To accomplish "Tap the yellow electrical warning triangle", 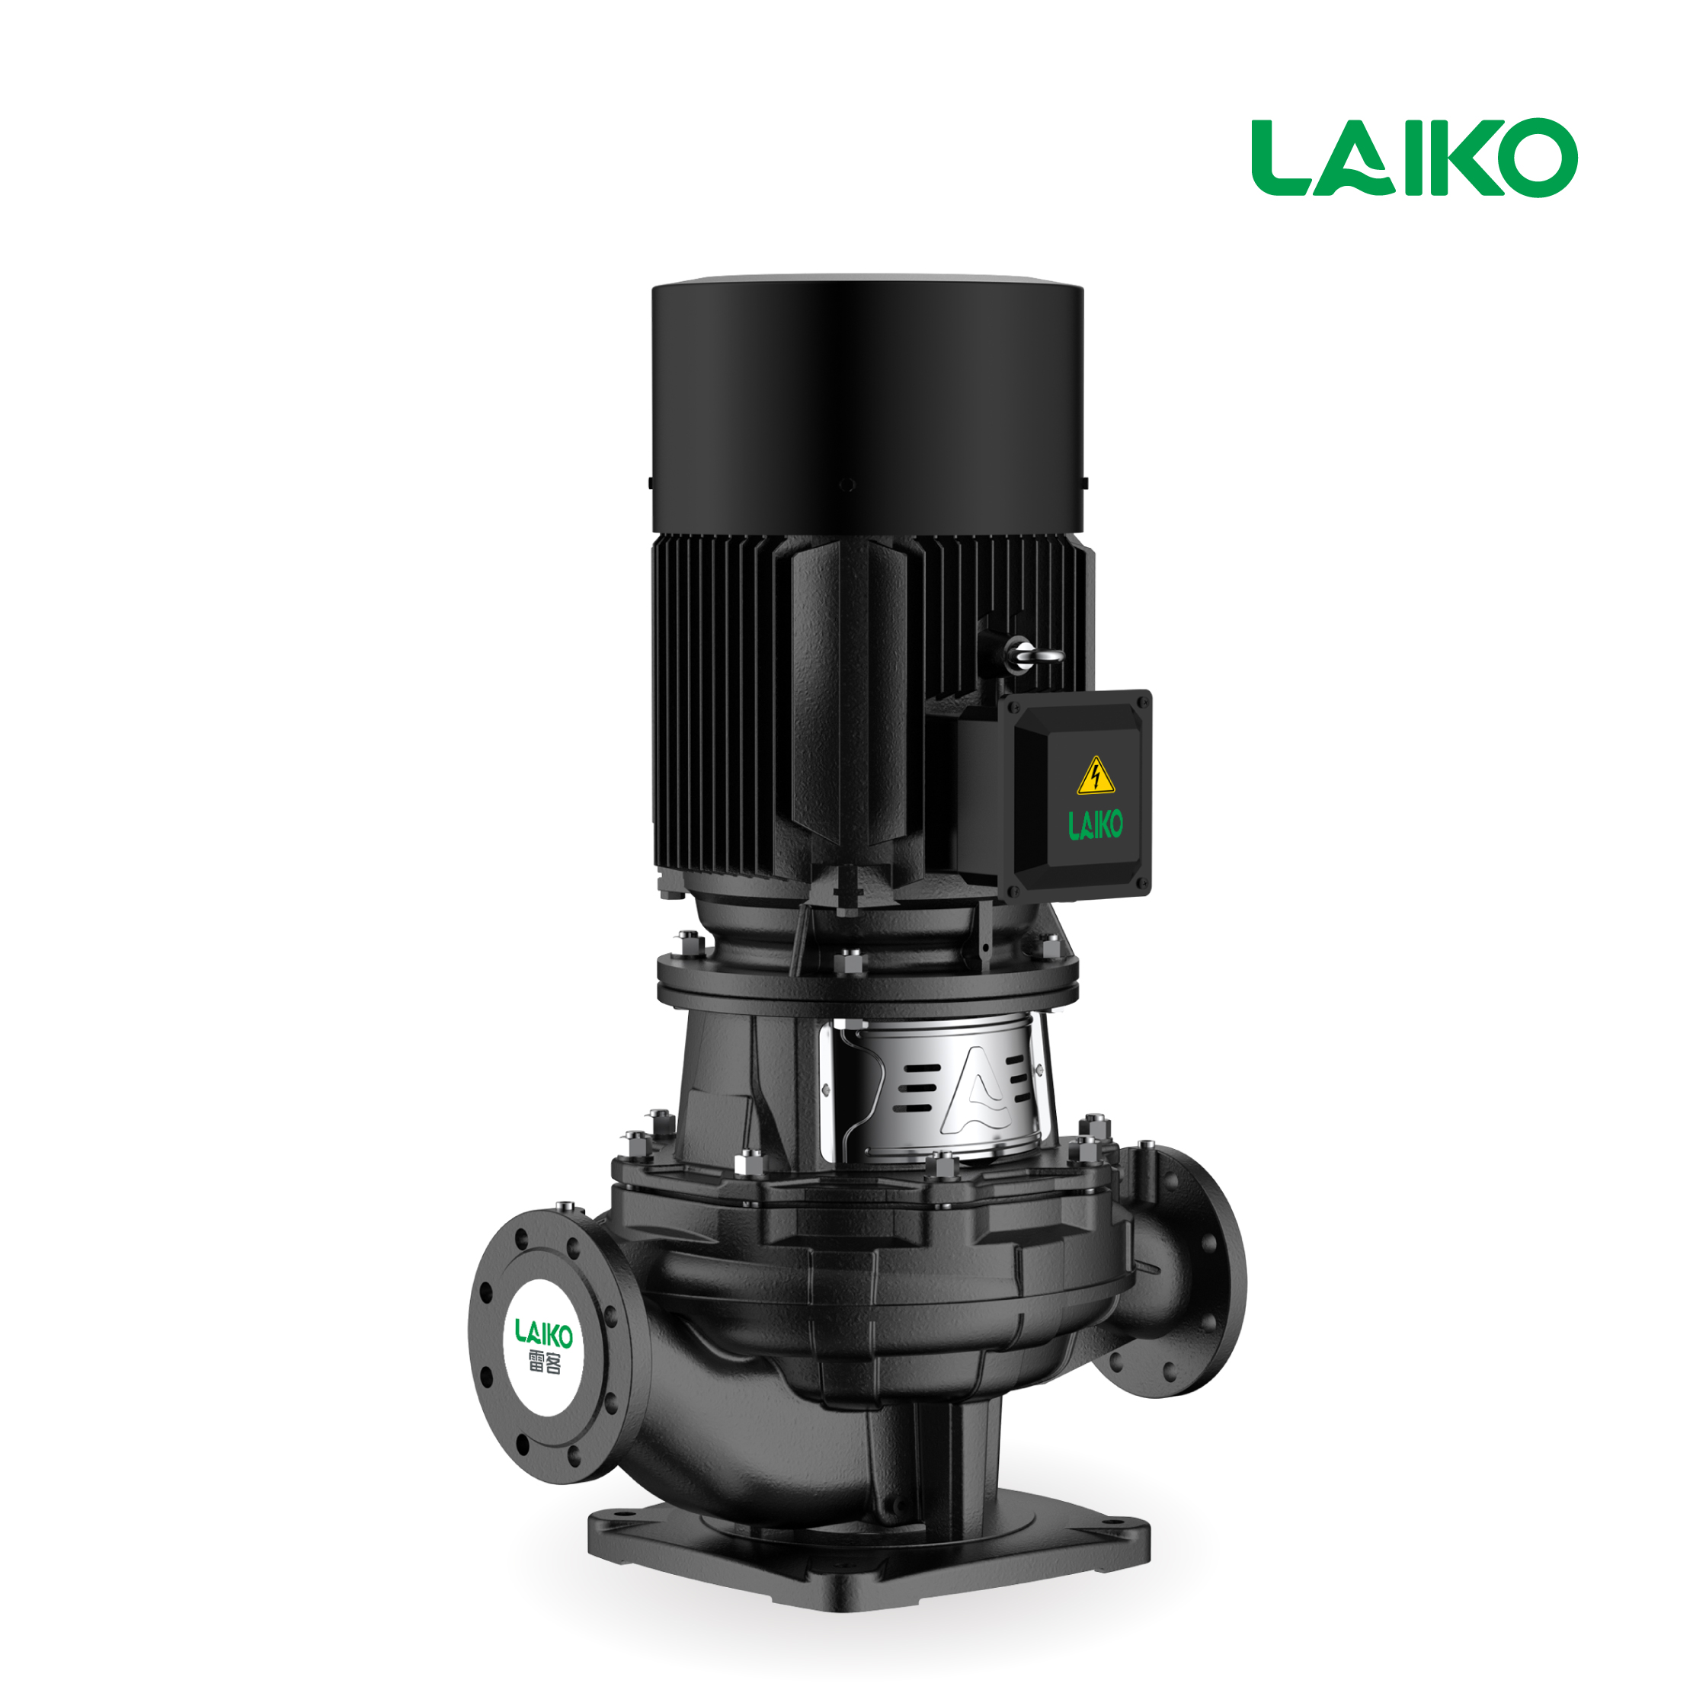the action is [x=1096, y=775].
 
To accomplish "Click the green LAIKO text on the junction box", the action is [x=1096, y=824].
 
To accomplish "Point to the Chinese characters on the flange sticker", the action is [x=544, y=1362].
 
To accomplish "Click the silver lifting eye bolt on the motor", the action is [x=1033, y=653].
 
